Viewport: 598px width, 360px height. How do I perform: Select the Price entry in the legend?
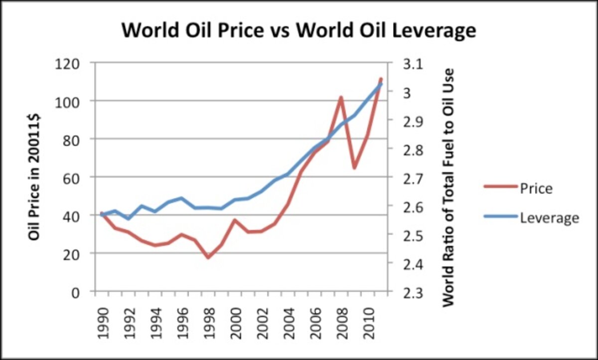click(x=536, y=188)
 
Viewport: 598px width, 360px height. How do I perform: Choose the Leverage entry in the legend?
click(x=549, y=217)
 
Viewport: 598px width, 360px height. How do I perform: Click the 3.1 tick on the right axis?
click(x=412, y=64)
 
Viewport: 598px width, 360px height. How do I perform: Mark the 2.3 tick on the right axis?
click(x=412, y=292)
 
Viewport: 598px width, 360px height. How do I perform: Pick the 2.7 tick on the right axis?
click(x=412, y=178)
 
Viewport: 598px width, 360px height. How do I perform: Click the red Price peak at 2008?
click(x=341, y=97)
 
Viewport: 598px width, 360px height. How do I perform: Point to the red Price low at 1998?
click(x=208, y=257)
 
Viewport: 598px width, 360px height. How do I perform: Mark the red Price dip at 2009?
click(x=354, y=168)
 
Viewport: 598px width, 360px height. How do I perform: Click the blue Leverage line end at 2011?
click(x=381, y=84)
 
